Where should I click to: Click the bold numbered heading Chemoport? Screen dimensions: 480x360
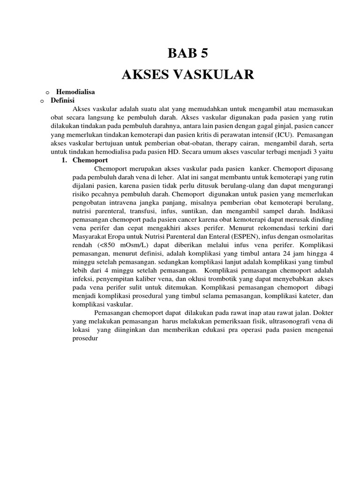[x=90, y=160]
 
